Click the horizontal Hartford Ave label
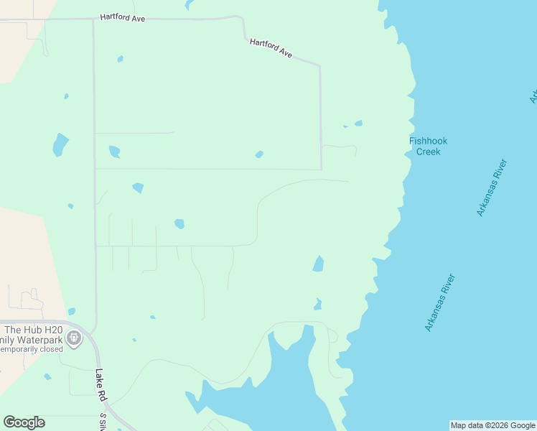(x=123, y=17)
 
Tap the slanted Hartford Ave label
(x=271, y=49)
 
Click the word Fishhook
(x=428, y=142)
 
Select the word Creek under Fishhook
(x=428, y=152)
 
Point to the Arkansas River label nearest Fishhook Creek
(x=492, y=187)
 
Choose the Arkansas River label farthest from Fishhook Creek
(x=439, y=302)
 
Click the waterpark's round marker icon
(x=73, y=337)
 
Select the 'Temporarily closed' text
(x=32, y=349)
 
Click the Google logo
(x=24, y=422)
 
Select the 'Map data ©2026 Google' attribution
(x=492, y=425)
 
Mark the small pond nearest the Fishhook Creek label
(x=358, y=124)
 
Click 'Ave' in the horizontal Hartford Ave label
(x=138, y=18)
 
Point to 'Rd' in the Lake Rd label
(x=101, y=390)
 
